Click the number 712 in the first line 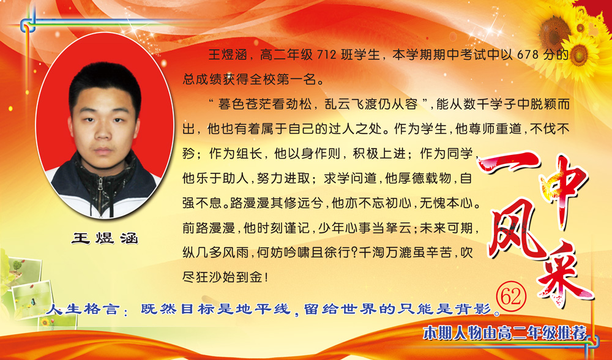[326, 54]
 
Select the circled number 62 [511, 297]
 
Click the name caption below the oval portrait [105, 238]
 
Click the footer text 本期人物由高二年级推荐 [505, 333]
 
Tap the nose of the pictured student [103, 132]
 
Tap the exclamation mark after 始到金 [267, 277]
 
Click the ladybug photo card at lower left [31, 299]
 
